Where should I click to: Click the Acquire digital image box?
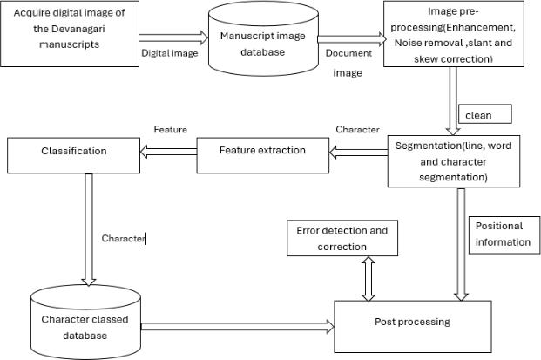click(69, 33)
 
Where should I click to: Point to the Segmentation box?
click(454, 160)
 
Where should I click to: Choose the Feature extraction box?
click(262, 151)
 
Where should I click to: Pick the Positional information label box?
click(502, 234)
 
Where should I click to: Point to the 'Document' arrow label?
click(348, 53)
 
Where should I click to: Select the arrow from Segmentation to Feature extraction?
click(358, 151)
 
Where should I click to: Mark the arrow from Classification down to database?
click(87, 228)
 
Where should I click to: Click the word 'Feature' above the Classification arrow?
click(170, 129)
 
